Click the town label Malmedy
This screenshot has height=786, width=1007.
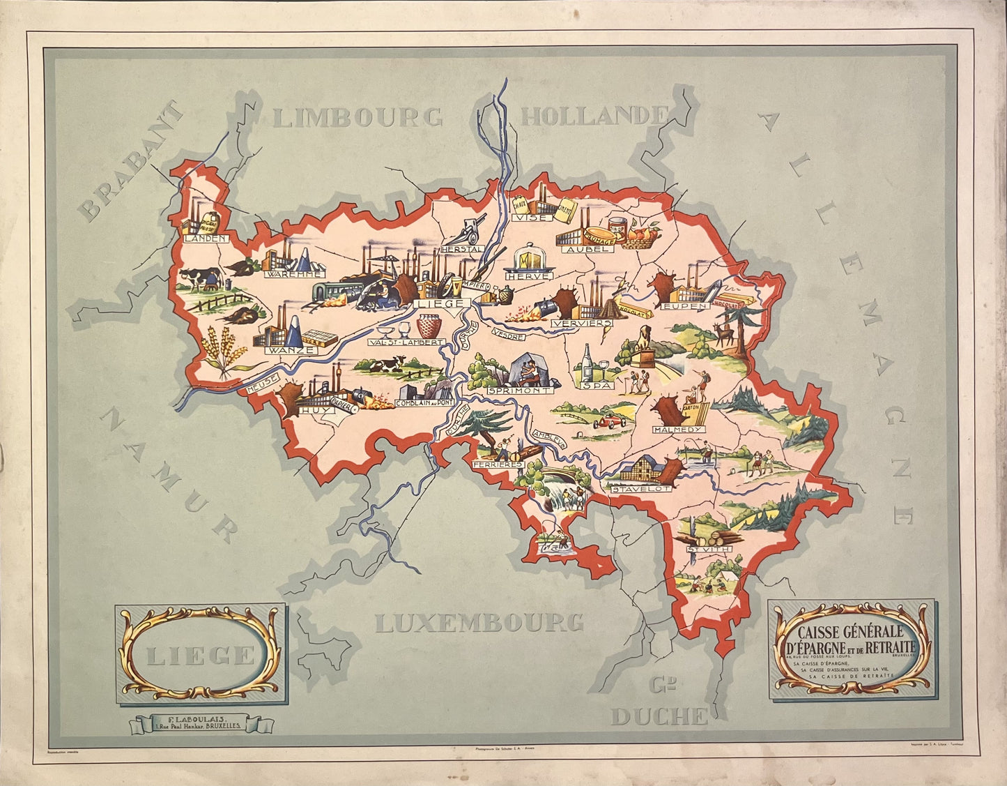point(677,430)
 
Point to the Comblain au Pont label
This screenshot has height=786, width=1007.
point(424,403)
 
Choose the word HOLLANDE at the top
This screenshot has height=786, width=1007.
point(594,116)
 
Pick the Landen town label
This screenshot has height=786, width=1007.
point(206,239)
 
